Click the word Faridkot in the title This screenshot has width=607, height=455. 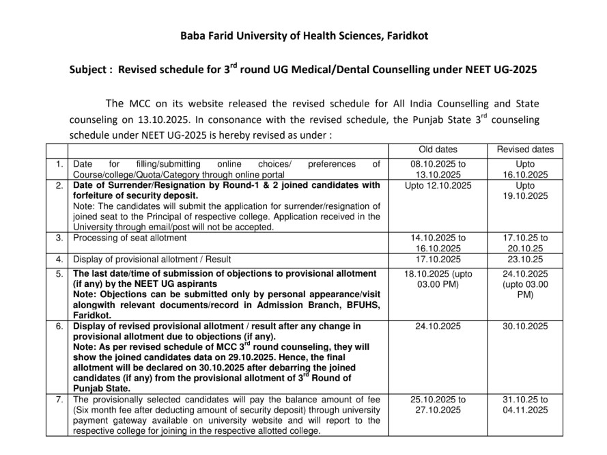coord(406,36)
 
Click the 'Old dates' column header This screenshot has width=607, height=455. coord(438,150)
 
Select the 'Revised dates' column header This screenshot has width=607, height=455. coord(525,150)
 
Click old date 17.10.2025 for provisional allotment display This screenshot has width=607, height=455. coord(438,260)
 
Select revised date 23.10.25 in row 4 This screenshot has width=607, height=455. coord(525,260)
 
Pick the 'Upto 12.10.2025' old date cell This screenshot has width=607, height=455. coord(438,186)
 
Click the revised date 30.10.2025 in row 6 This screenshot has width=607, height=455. coord(525,327)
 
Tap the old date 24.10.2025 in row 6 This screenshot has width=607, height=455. coord(438,327)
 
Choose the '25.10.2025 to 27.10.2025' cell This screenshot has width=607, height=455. coord(438,404)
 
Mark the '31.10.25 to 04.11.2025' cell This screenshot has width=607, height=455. coord(525,404)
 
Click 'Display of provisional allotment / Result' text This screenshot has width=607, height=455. coord(152,260)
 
